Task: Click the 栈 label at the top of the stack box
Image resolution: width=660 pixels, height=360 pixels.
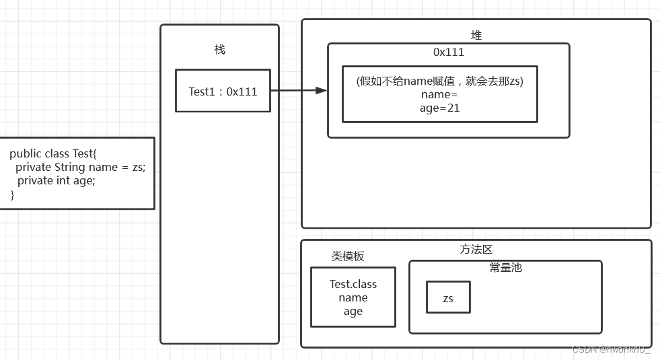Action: [219, 50]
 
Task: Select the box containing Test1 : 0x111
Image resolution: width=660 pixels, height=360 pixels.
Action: [223, 91]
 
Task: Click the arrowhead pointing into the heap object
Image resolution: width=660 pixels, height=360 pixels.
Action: [321, 90]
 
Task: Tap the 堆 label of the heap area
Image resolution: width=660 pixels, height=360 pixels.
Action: [476, 36]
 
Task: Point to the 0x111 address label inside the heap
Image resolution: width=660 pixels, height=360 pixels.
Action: [448, 52]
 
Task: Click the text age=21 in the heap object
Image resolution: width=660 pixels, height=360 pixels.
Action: [439, 108]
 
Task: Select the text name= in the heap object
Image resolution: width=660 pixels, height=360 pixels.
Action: [439, 94]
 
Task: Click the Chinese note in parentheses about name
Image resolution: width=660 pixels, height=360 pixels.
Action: [439, 81]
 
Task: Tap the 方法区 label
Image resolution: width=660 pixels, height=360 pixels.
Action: [476, 250]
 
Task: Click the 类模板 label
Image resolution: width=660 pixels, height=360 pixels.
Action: [348, 256]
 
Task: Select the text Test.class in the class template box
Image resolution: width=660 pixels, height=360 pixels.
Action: [353, 284]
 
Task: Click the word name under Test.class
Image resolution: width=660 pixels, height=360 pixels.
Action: [353, 297]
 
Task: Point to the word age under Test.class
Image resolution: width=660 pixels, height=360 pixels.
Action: [353, 311]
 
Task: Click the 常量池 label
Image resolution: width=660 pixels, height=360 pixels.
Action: [505, 268]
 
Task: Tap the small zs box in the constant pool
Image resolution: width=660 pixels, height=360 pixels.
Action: [448, 298]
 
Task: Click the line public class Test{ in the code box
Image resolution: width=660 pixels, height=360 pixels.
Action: [53, 153]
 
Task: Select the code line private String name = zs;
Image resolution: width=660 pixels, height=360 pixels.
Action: [80, 167]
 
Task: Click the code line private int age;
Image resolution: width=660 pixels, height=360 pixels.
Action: [56, 180]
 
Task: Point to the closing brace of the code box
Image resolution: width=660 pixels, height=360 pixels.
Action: [12, 194]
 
